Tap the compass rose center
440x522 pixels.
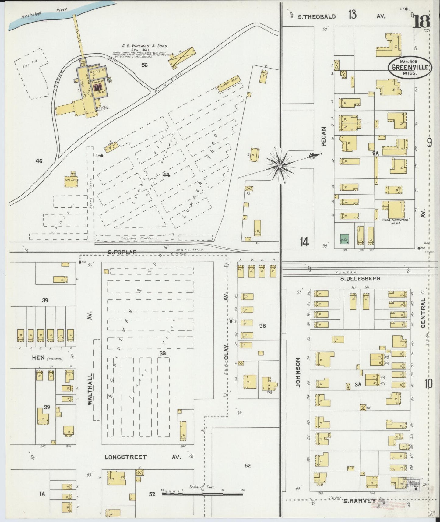(279, 165)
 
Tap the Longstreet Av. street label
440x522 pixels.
(126, 457)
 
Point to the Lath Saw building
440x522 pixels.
(71, 180)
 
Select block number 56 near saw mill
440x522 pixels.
(144, 65)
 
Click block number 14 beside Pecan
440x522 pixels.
(304, 242)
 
